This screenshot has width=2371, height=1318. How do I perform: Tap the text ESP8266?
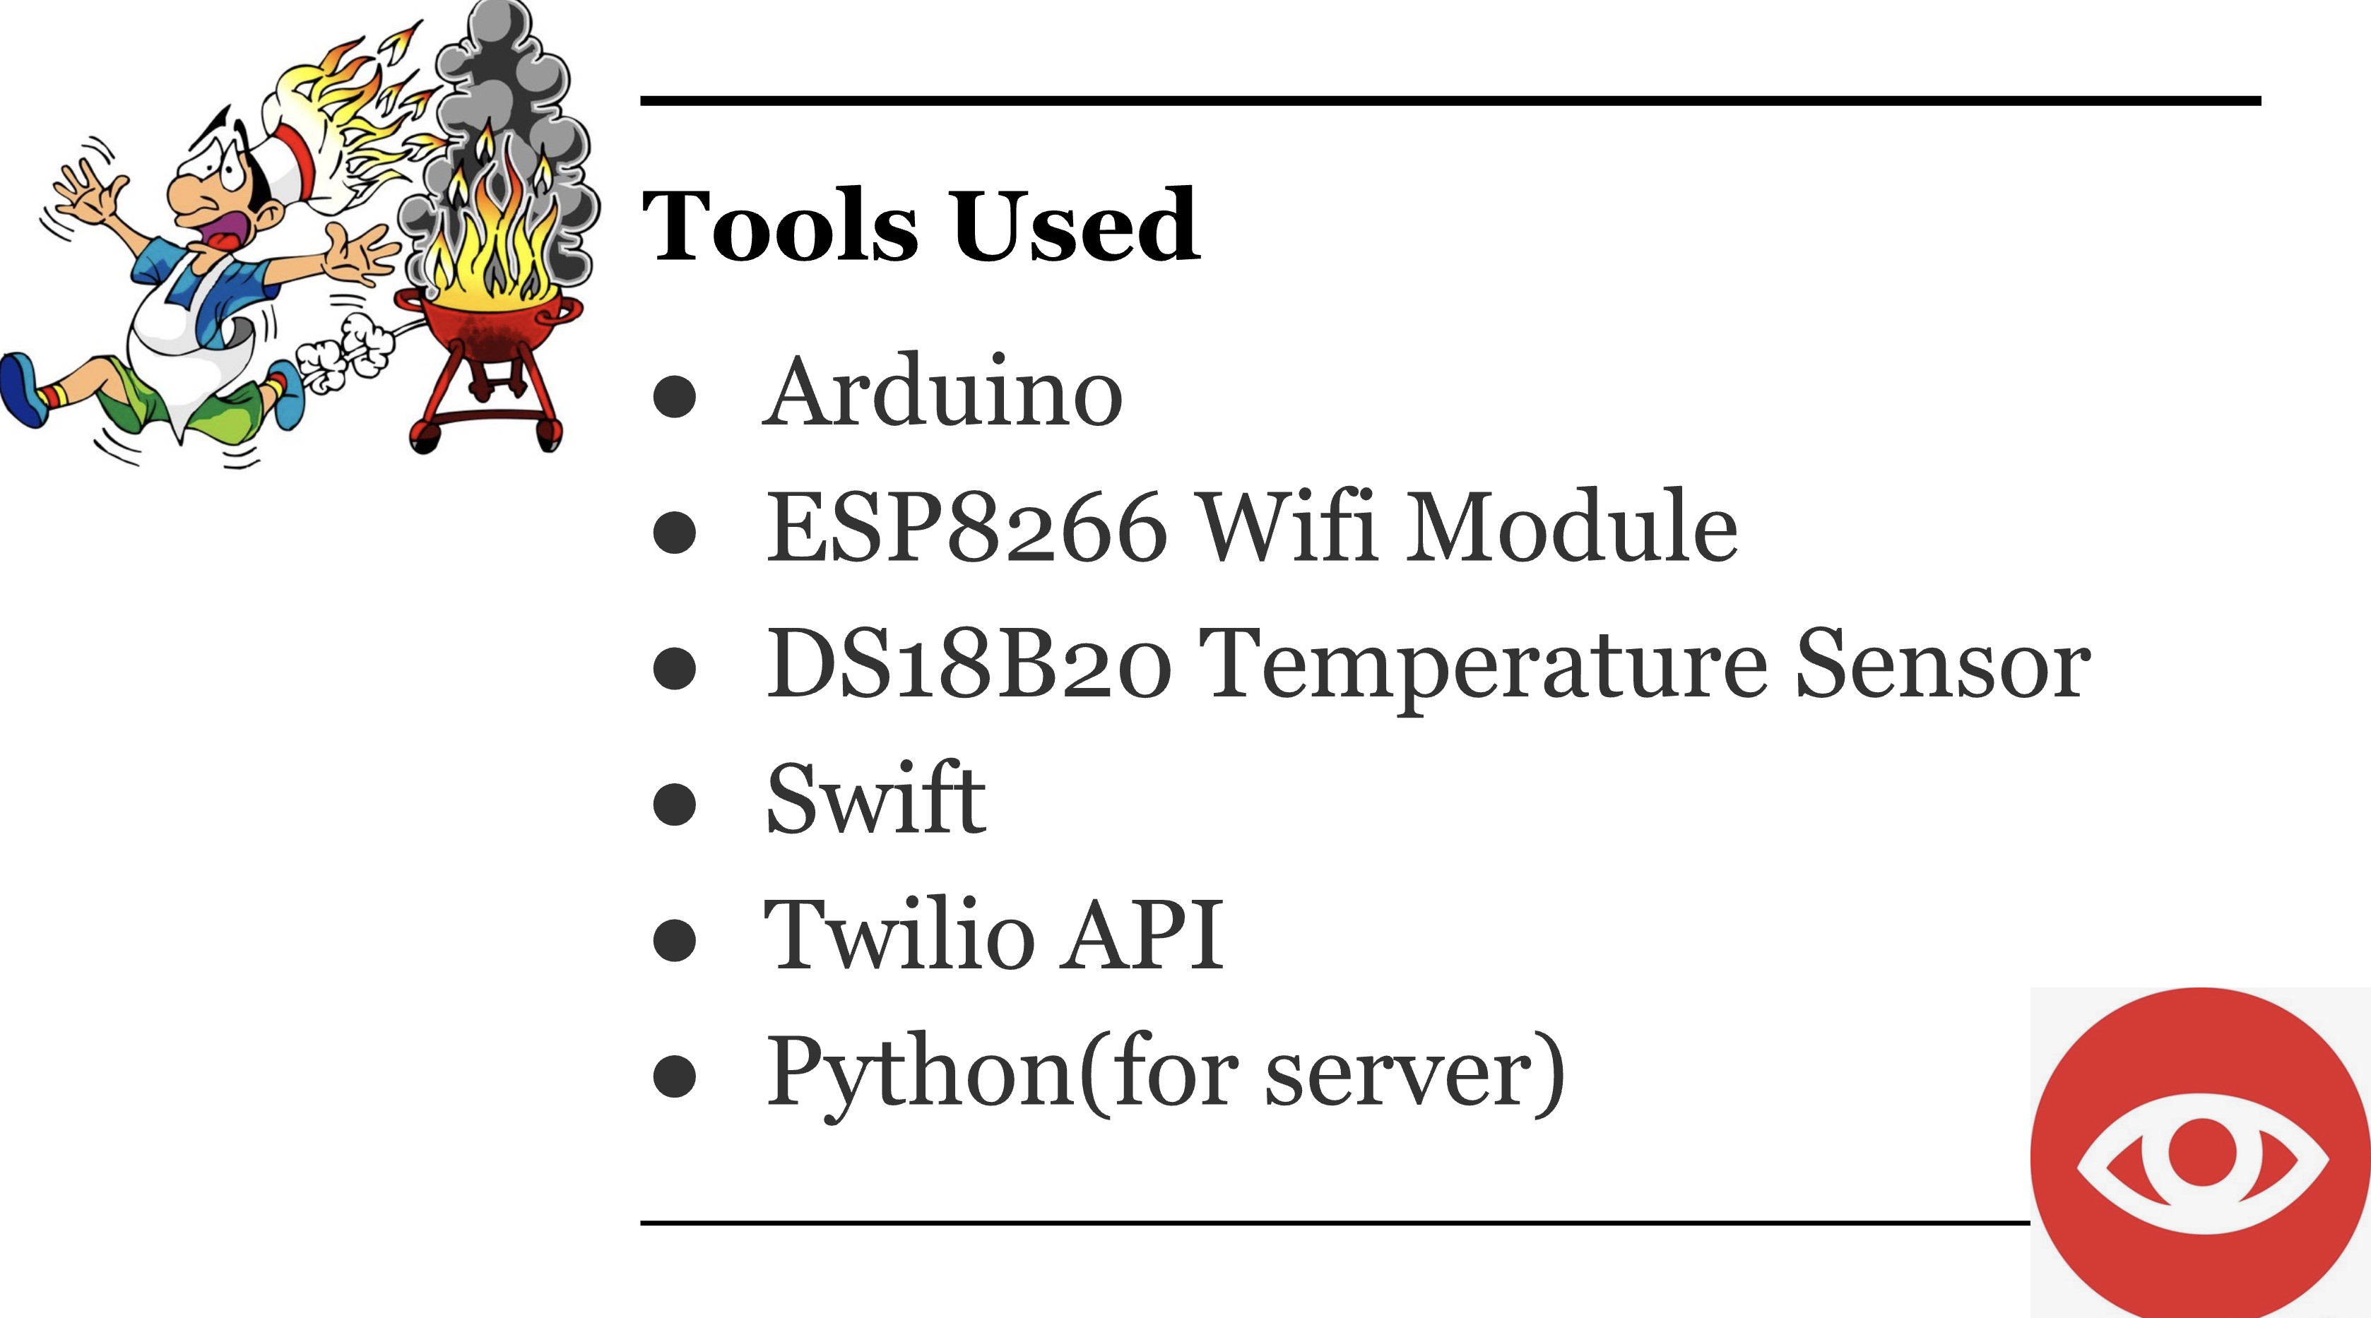coord(966,528)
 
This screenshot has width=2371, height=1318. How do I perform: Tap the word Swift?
coord(875,799)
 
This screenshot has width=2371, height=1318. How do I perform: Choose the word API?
coord(1141,935)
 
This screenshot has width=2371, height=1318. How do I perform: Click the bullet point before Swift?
coord(675,802)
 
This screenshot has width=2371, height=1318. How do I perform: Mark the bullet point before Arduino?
coord(675,396)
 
